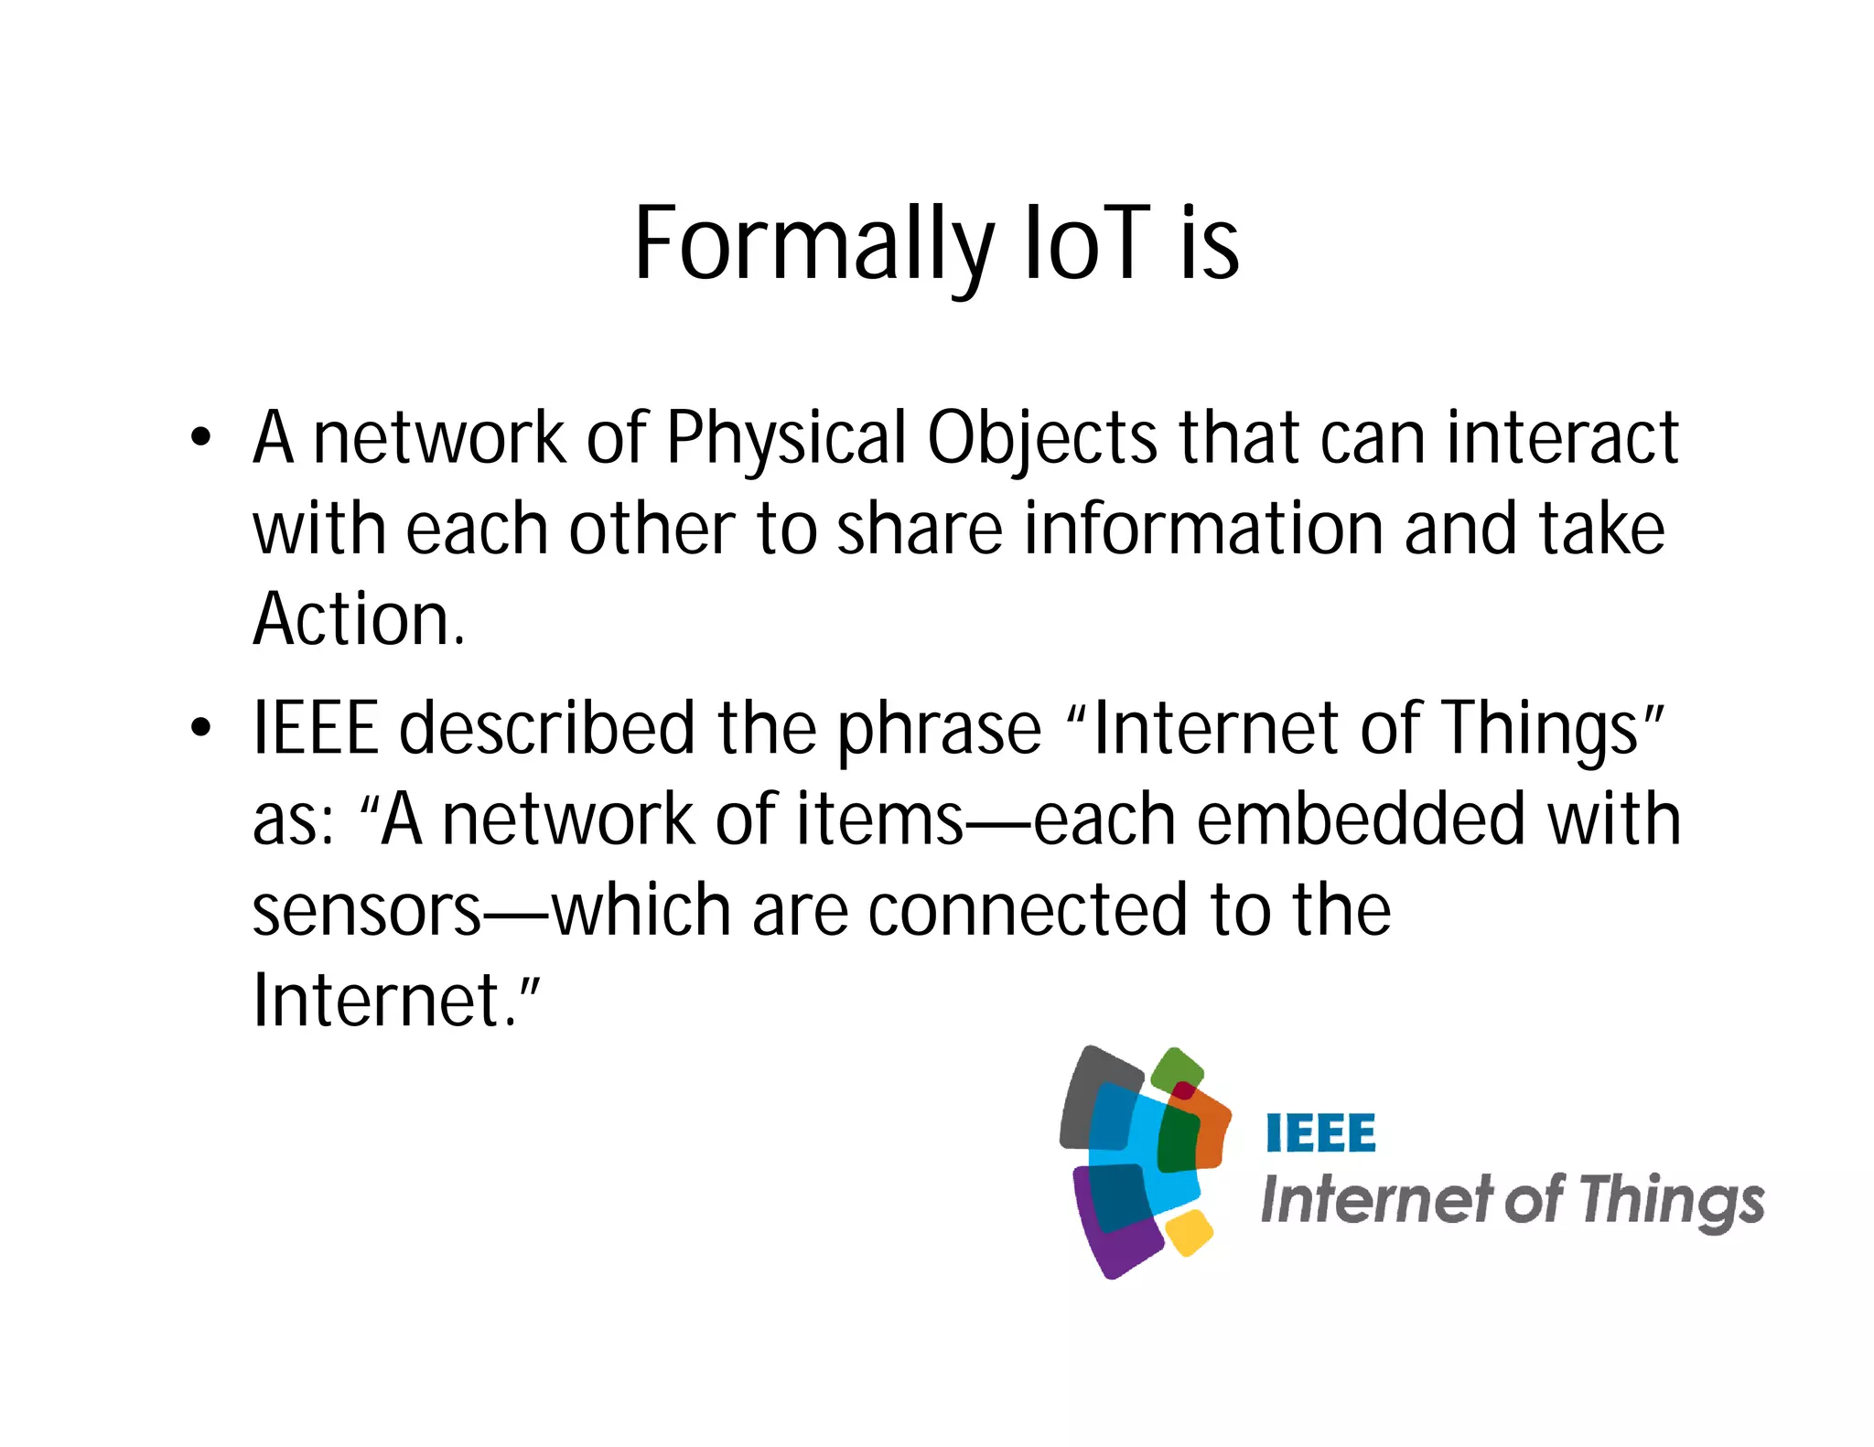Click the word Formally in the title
pyautogui.click(x=813, y=245)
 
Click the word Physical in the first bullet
pyautogui.click(x=785, y=439)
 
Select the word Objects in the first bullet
pyautogui.click(x=1042, y=439)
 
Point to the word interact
pyautogui.click(x=1562, y=437)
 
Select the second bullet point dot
pyautogui.click(x=200, y=728)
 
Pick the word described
pyautogui.click(x=547, y=728)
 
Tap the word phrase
pyautogui.click(x=939, y=730)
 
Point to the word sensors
pyautogui.click(x=366, y=910)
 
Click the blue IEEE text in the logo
pyautogui.click(x=1320, y=1134)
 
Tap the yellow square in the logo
pyautogui.click(x=1190, y=1233)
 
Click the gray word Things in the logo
pyautogui.click(x=1670, y=1201)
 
